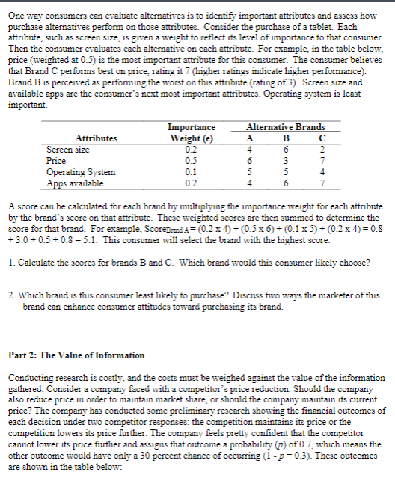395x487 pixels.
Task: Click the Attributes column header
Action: point(96,138)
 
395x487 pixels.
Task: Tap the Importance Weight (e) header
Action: point(192,133)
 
